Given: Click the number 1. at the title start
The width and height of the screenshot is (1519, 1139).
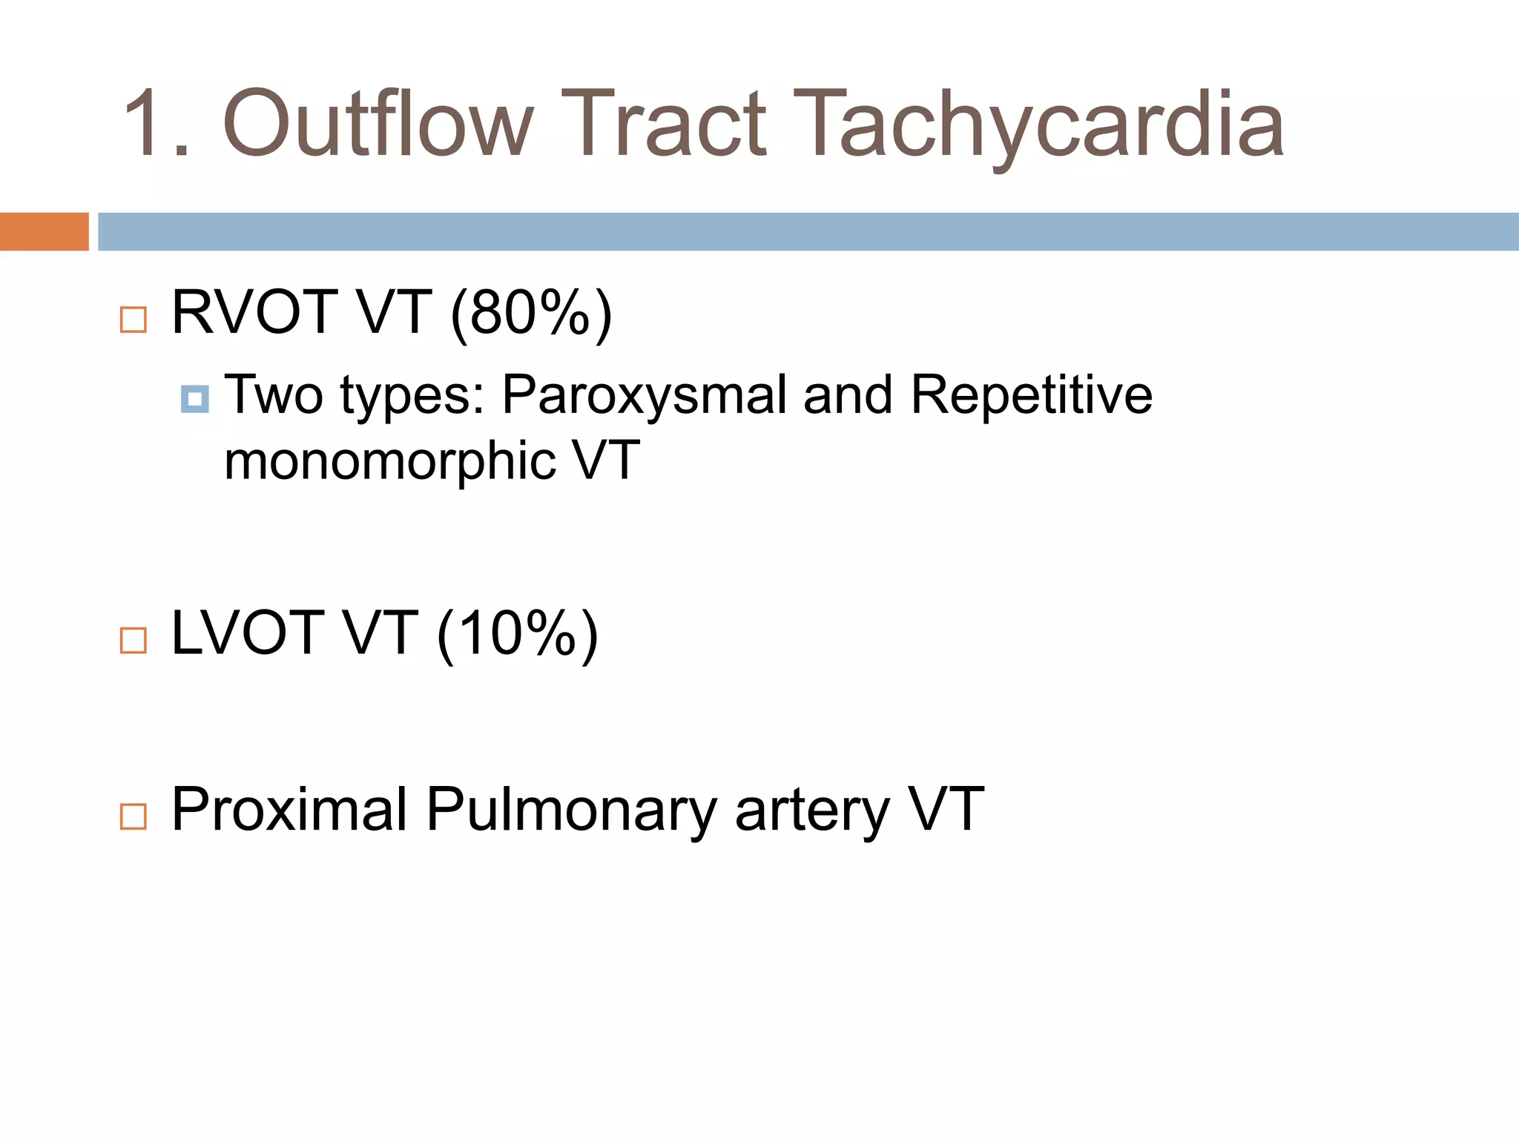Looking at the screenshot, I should click(156, 125).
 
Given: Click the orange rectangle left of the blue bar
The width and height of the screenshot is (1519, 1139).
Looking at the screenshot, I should click(44, 231).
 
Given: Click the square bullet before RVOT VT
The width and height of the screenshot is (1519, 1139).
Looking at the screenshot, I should click(134, 320).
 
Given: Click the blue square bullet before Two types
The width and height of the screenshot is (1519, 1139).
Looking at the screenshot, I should click(194, 400).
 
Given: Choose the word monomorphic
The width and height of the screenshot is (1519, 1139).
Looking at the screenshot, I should click(390, 460).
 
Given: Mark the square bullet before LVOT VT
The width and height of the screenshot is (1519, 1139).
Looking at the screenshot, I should click(134, 640).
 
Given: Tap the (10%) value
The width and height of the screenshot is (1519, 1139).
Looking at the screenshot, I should click(518, 635).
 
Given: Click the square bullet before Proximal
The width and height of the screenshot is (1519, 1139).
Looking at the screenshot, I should click(134, 816).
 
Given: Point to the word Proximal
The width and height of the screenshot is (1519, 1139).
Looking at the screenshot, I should click(289, 810).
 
